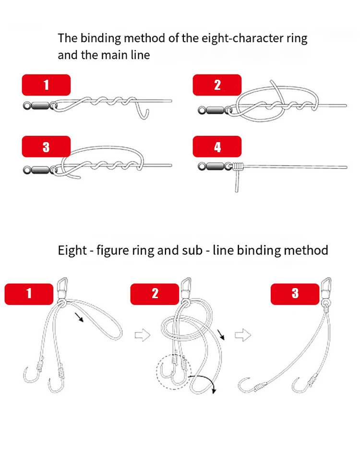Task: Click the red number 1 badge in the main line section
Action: [x=46, y=85]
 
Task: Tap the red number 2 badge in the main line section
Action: [x=217, y=85]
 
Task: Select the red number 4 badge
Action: [x=217, y=146]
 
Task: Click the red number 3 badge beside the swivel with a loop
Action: [x=46, y=146]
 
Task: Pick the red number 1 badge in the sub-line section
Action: [x=29, y=293]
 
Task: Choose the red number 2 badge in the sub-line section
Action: [x=155, y=293]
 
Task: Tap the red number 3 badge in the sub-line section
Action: [x=295, y=293]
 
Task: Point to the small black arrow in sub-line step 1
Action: [x=78, y=317]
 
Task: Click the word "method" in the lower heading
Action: [x=306, y=250]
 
